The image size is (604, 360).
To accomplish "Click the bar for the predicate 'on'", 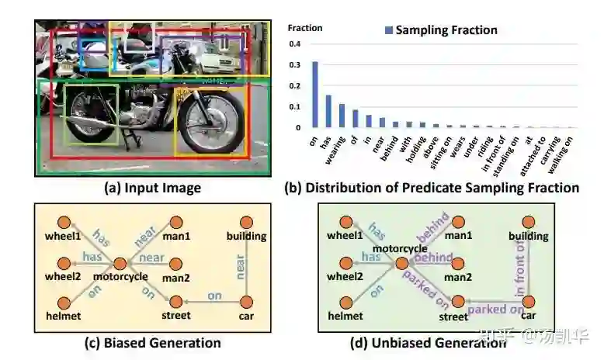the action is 315,94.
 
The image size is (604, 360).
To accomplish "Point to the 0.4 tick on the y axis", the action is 295,43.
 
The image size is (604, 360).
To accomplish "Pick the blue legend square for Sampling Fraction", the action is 389,30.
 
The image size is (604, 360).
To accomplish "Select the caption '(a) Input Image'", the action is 152,188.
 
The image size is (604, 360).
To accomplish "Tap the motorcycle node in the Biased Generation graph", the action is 119,265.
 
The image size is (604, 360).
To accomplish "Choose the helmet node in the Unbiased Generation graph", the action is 347,301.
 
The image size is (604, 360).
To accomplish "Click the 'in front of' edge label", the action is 521,268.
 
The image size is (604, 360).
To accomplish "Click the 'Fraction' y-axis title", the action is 304,28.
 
